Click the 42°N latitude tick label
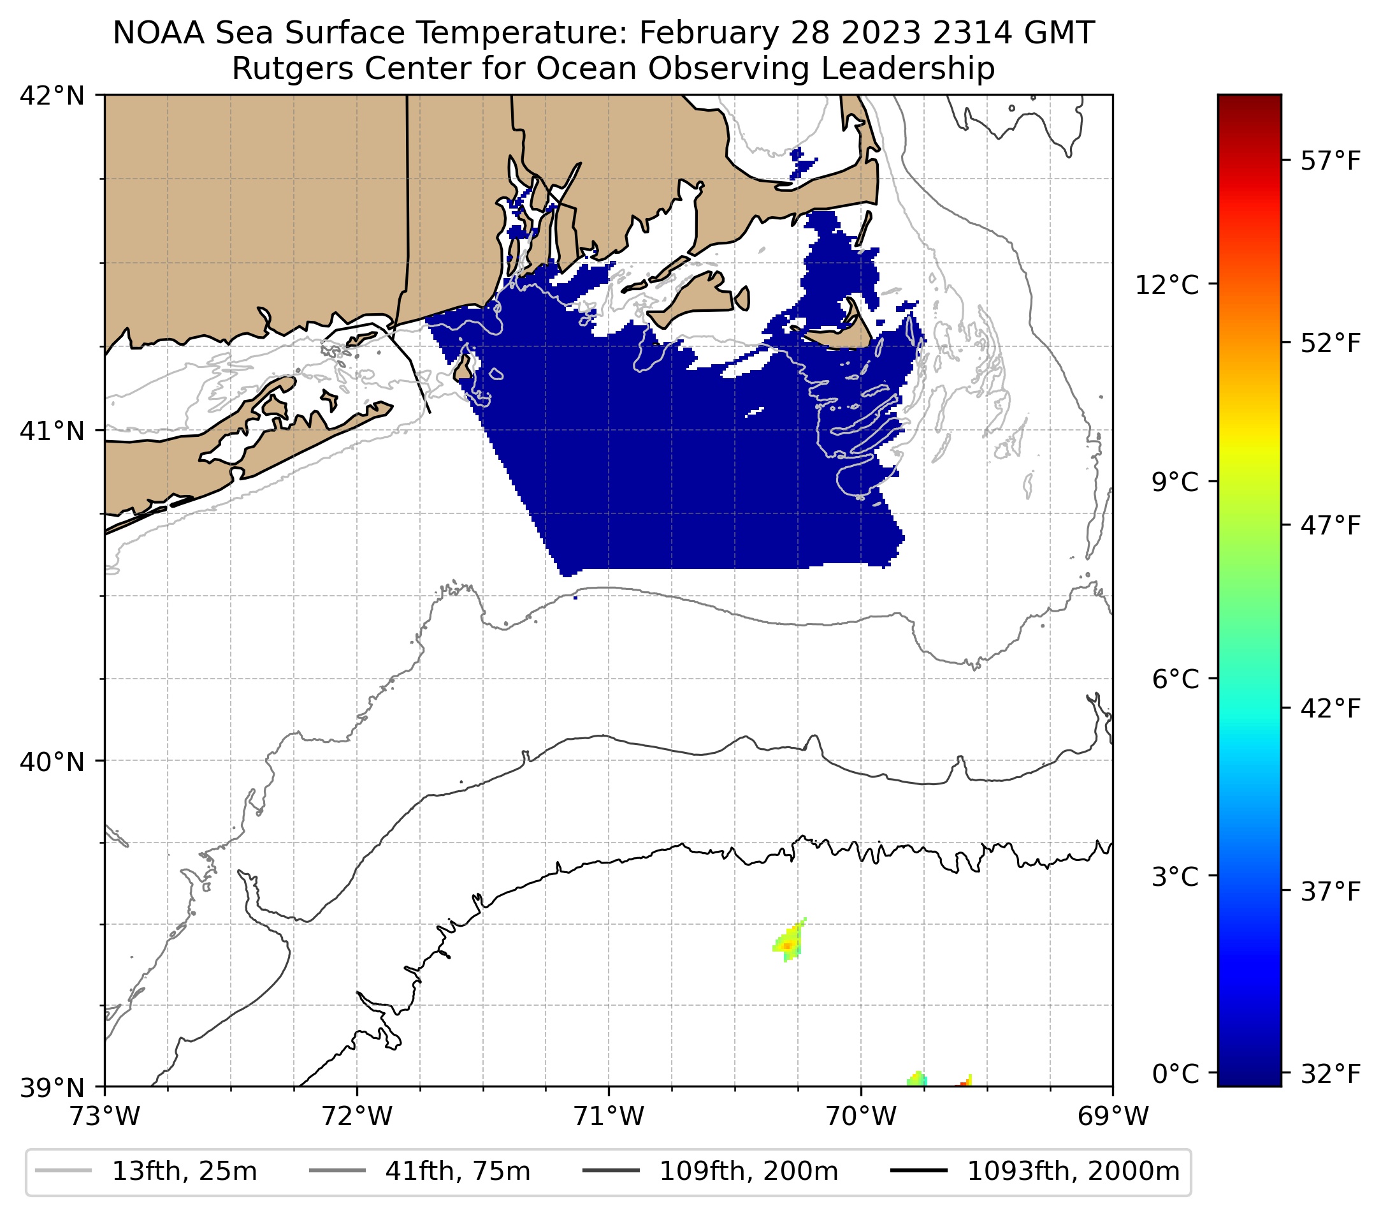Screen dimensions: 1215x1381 coord(52,96)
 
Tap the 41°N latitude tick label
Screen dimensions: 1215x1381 coord(52,430)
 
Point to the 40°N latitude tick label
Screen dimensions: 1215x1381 coord(52,762)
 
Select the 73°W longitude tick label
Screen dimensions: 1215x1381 coord(105,1116)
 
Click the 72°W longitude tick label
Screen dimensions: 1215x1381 coord(357,1116)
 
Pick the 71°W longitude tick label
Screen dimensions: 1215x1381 coord(609,1116)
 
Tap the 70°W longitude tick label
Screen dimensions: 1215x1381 coord(861,1116)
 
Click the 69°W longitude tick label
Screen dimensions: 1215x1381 coord(1113,1116)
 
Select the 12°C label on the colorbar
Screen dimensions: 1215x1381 coord(1167,284)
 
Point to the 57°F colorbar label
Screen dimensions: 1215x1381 coord(1329,161)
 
